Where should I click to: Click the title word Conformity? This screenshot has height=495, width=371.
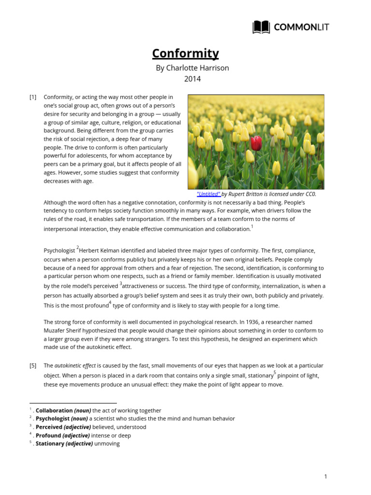coord(185,53)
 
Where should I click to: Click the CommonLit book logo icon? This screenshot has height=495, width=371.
coord(261,27)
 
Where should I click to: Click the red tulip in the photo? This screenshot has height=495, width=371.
coord(257,143)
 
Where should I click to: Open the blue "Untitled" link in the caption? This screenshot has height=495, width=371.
coord(209,194)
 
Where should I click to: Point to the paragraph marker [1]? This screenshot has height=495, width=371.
coord(33,97)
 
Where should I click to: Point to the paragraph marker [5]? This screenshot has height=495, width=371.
coord(33,365)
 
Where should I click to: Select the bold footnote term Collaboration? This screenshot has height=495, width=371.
coord(54,410)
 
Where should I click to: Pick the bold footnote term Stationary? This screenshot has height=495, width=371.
coord(50,443)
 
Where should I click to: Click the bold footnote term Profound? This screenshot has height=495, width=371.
coord(49,435)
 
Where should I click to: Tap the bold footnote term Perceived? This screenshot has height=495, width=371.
coord(49,427)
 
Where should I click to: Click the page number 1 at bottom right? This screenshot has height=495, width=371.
coord(326,477)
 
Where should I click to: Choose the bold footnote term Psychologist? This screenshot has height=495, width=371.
coord(53,419)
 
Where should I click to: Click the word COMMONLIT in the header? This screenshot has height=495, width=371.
coord(301,27)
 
